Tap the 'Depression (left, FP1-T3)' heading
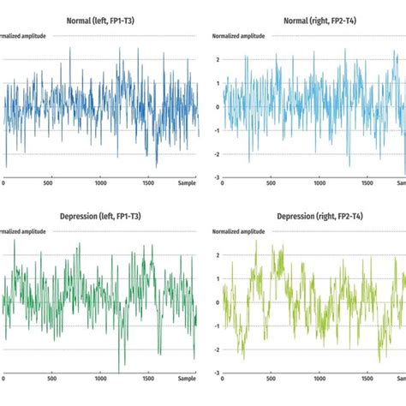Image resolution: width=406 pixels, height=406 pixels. pos(101,216)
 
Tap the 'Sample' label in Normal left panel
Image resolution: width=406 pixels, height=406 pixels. pos(187,182)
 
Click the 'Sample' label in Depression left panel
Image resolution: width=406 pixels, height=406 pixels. pos(187,378)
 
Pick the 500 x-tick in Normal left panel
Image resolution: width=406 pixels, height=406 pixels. pos(52,182)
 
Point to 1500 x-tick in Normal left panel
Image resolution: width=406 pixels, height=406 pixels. pos(149,182)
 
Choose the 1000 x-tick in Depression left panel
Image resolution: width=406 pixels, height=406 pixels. pos(101,378)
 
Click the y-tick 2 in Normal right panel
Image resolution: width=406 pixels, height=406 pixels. pos(218,60)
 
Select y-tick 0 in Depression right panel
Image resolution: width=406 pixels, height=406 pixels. pos(218,302)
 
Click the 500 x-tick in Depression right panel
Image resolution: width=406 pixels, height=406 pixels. pos(273,378)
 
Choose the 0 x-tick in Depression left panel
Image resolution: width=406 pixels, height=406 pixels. pos(4,378)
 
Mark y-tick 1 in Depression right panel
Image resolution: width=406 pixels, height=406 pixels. pos(218,278)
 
